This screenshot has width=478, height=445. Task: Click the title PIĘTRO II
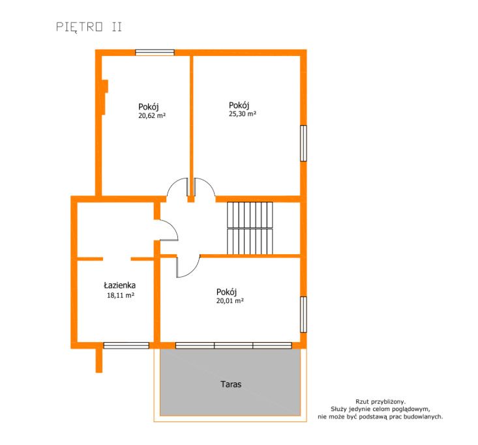(89, 27)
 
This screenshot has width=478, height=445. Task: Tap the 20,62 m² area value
(152, 116)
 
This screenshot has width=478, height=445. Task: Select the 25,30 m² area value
(243, 114)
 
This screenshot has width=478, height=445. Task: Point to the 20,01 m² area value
(230, 301)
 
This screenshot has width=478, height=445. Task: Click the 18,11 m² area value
(121, 295)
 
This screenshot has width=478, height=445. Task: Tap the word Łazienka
(120, 285)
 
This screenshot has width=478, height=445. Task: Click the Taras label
(231, 384)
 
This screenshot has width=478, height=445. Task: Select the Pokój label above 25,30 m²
(239, 106)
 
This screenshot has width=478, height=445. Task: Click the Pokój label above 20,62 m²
(149, 108)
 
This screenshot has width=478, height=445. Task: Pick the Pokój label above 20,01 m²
(226, 292)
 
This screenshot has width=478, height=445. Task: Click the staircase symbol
(250, 228)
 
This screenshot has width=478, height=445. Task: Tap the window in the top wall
(155, 53)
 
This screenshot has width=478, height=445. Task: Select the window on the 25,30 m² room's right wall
(303, 143)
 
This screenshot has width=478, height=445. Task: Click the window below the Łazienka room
(127, 345)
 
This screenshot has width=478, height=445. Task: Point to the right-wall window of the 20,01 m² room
(303, 315)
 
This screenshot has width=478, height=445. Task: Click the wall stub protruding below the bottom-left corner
(99, 361)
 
